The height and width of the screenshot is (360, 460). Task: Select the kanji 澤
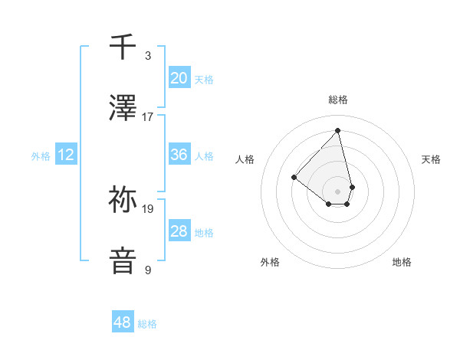(123, 108)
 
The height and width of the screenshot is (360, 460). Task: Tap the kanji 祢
(123, 200)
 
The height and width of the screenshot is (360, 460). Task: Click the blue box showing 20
(179, 77)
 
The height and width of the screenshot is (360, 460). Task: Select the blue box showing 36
(179, 155)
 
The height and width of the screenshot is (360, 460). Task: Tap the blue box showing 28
(179, 231)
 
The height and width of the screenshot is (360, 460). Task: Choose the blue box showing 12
(66, 155)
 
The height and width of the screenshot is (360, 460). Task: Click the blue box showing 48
(122, 322)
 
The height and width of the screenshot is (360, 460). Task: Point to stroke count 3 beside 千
(148, 56)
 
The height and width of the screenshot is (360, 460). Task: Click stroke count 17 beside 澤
(148, 117)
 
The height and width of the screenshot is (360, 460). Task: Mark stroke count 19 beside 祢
(148, 208)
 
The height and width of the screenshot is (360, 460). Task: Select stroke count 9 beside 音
(148, 270)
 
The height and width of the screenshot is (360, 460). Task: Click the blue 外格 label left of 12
(41, 156)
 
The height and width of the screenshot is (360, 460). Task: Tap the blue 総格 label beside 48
(147, 324)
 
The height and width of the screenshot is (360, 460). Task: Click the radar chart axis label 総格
(337, 100)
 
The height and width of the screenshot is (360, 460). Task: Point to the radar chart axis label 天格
(431, 159)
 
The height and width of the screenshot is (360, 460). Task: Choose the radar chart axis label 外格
(270, 262)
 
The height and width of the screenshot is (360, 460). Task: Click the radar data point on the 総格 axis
(337, 130)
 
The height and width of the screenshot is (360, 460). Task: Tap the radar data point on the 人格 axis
(294, 178)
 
